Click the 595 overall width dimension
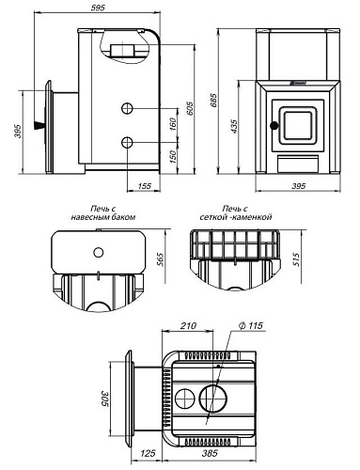[98, 8]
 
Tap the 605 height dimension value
[190, 108]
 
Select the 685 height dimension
[214, 101]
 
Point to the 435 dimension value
[234, 126]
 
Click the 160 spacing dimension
[173, 124]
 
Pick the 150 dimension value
[173, 157]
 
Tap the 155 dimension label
[144, 186]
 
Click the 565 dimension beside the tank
[161, 259]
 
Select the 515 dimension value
[296, 259]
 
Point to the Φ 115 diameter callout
[251, 326]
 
